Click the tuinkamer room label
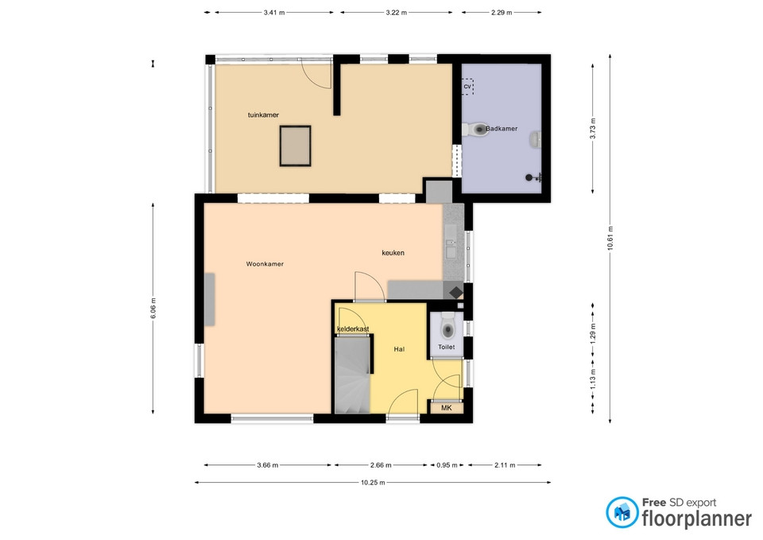tap(263, 115)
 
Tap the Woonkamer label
tap(265, 264)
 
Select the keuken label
tap(393, 253)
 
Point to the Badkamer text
tap(502, 129)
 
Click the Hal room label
tap(399, 349)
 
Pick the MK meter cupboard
tap(446, 407)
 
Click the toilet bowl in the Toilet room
tap(447, 327)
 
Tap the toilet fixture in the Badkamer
tap(475, 129)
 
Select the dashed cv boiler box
tap(467, 87)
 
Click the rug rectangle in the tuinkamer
tap(296, 146)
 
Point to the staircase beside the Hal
tap(352, 375)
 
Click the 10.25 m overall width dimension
tap(373, 483)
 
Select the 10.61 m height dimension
tap(610, 238)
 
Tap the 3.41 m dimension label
tap(274, 13)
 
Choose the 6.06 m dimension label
tap(153, 309)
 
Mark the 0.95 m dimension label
tap(447, 465)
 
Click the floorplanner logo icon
tap(622, 512)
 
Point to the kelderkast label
tap(353, 329)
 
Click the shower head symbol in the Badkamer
tap(533, 177)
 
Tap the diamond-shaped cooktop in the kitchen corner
tap(456, 293)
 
